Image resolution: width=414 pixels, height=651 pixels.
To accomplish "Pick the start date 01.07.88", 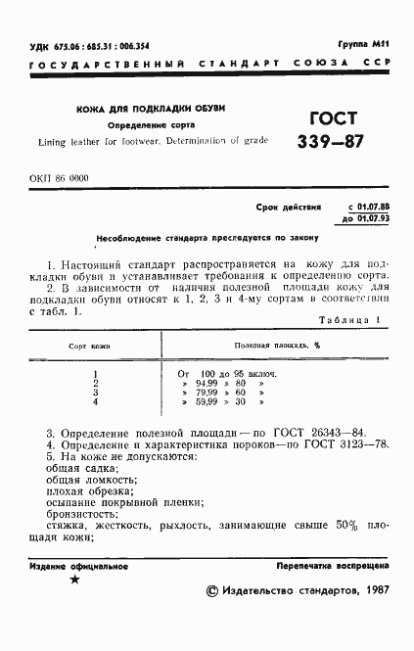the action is click(x=368, y=209).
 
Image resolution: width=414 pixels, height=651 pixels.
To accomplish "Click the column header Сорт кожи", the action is click(x=95, y=348).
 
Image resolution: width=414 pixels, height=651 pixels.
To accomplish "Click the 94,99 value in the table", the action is click(x=208, y=383).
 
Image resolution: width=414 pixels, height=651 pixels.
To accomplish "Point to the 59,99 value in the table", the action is click(x=208, y=400).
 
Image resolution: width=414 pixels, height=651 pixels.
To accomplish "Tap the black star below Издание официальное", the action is click(x=74, y=581).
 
